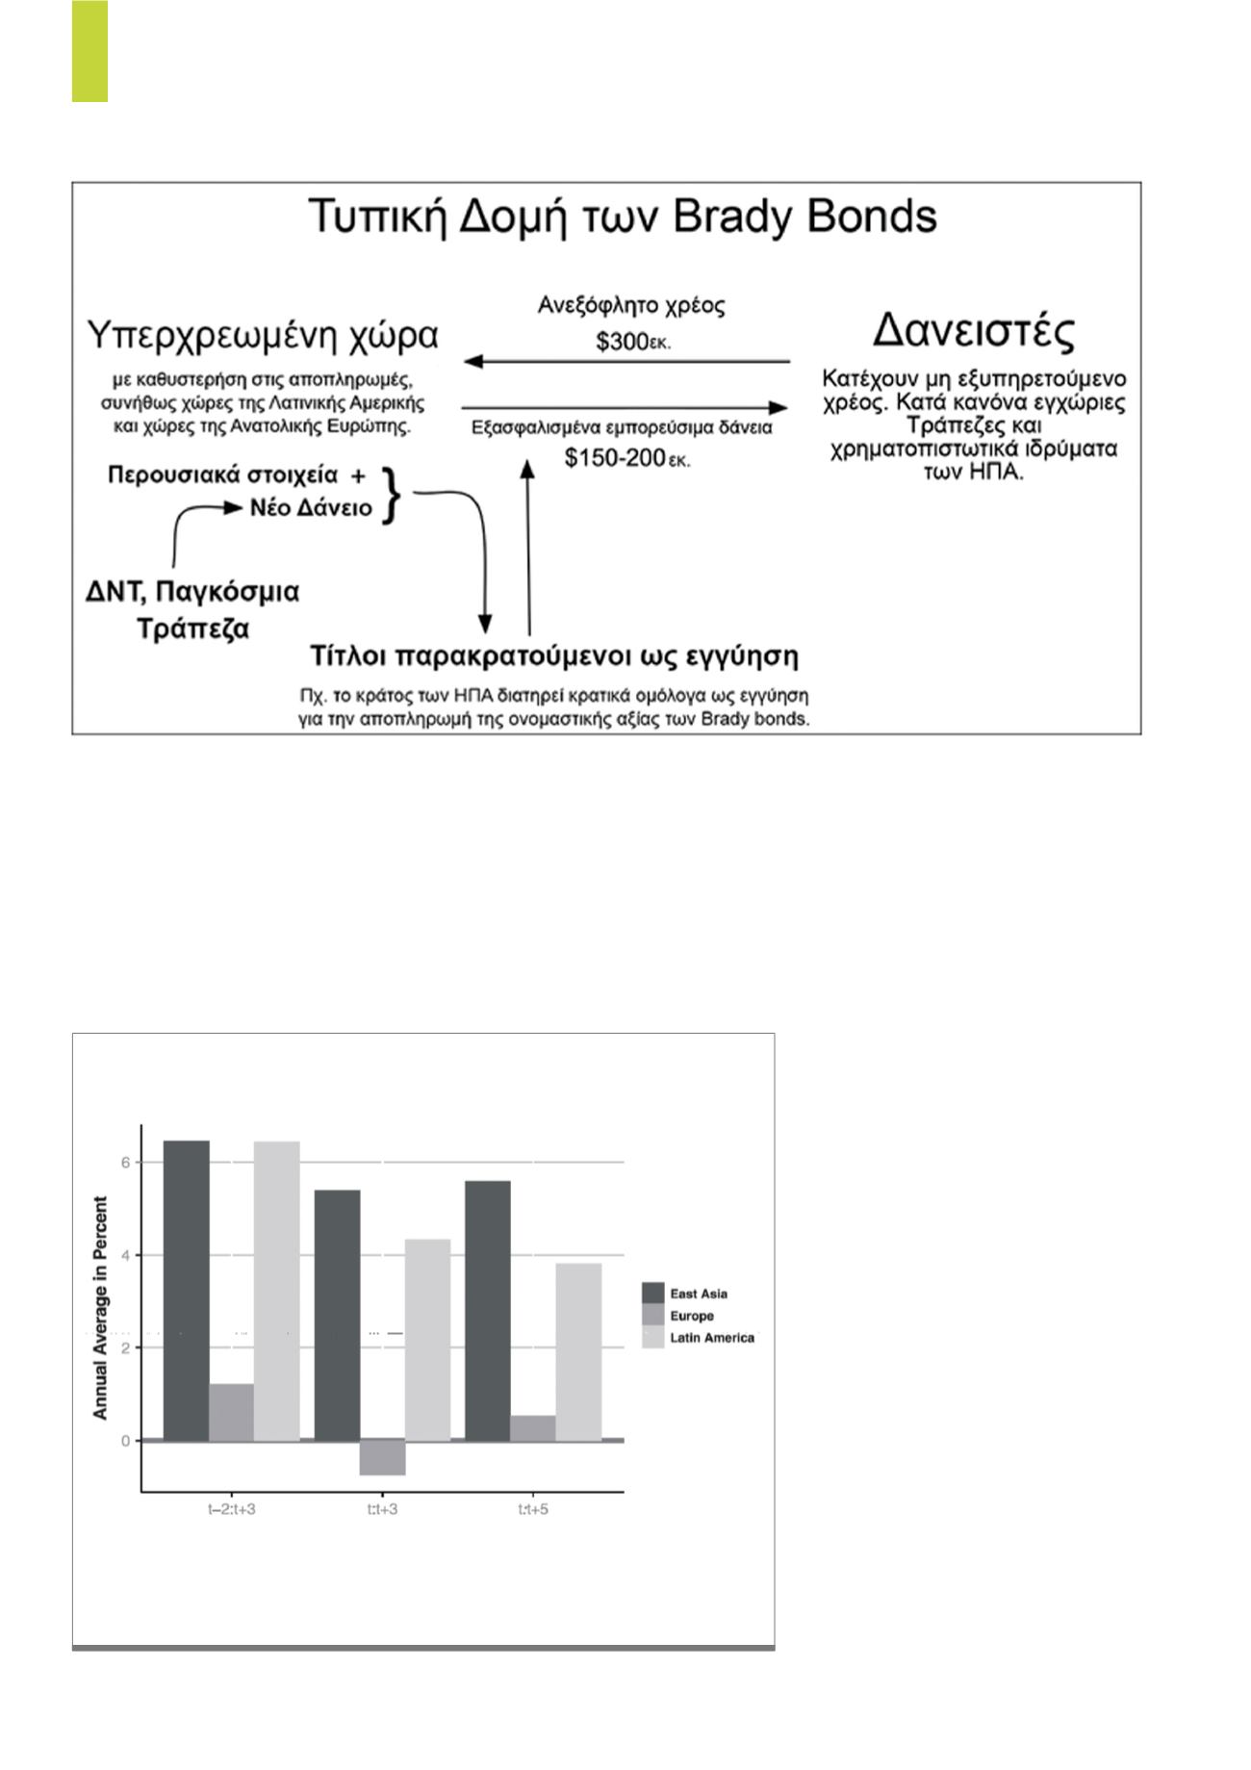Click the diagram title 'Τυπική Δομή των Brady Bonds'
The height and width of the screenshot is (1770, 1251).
coord(623,218)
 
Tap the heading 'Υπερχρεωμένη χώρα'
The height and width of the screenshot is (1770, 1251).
coord(263,336)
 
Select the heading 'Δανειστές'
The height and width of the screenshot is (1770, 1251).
coord(973,332)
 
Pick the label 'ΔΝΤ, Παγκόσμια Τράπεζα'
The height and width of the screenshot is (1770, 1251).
coord(192,609)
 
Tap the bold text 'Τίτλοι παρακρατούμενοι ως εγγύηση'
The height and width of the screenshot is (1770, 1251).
coord(553,656)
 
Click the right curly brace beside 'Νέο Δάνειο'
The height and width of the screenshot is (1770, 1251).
coord(390,495)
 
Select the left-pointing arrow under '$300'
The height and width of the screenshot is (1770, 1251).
coord(625,362)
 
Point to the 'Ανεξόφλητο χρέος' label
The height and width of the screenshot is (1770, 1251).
coord(630,306)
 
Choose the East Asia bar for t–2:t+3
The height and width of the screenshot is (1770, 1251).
coord(186,1290)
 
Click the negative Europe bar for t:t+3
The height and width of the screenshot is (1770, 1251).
coord(382,1456)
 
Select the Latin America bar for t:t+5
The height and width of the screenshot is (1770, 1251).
coord(578,1351)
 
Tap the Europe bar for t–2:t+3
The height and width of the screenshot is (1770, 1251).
coord(231,1412)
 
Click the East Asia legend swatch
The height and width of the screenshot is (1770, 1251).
coord(653,1294)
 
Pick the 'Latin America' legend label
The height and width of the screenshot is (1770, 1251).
coord(712,1338)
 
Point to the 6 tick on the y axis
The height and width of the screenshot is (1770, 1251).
coord(125,1162)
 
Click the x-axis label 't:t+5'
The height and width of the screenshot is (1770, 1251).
coord(533,1509)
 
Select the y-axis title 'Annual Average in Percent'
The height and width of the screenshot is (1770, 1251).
coord(100,1308)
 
